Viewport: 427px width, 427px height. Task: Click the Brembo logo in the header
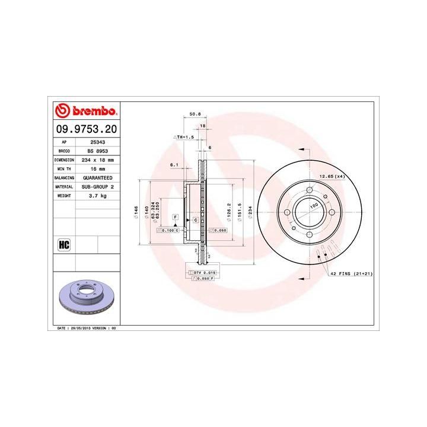85,111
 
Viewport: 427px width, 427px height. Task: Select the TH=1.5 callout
184,137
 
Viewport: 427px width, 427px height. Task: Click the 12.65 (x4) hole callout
332,177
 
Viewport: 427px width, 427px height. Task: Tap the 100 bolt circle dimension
314,205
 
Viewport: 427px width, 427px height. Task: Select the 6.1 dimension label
174,164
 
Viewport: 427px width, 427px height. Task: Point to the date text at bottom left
87,327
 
